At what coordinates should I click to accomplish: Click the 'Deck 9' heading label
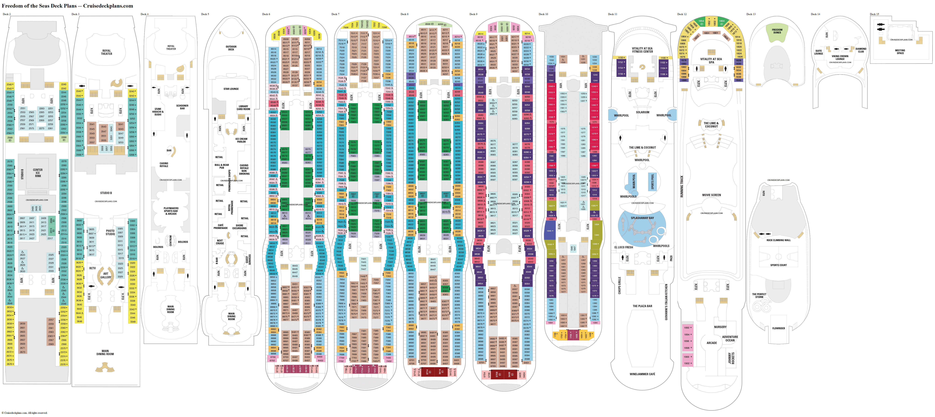coord(473,14)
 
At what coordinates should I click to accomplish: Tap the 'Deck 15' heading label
coord(874,14)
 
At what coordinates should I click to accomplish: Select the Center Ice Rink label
coord(38,173)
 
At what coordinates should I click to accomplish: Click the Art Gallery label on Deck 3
coord(106,275)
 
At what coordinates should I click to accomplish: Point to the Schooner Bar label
coord(182,107)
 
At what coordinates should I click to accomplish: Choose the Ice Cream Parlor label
coord(241,140)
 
